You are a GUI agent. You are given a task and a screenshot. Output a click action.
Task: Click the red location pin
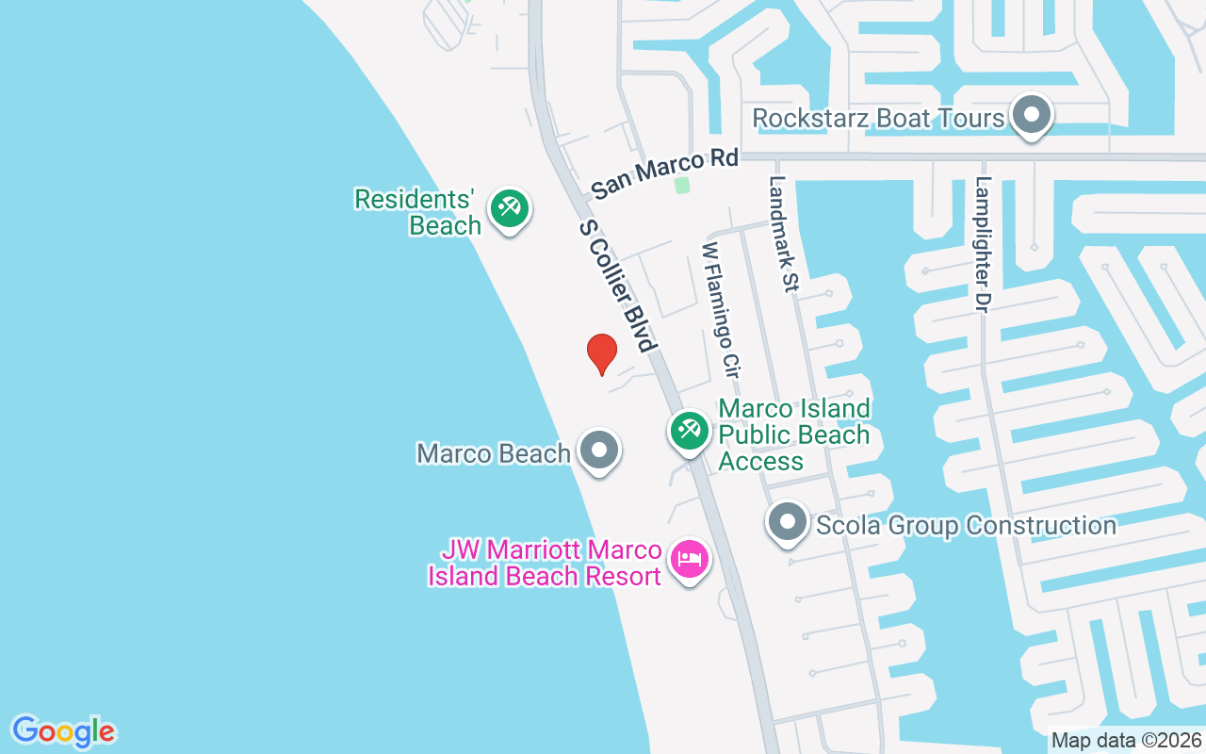pyautogui.click(x=601, y=353)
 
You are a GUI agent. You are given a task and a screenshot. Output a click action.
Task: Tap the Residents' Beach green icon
pyautogui.click(x=510, y=207)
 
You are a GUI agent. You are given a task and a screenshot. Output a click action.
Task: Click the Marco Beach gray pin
pyautogui.click(x=598, y=451)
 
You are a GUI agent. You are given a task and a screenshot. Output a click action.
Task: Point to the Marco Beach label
pyautogui.click(x=494, y=453)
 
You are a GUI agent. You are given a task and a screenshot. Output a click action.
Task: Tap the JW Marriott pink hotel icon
pyautogui.click(x=690, y=559)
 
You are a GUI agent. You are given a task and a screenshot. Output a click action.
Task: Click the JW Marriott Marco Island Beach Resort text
pyautogui.click(x=545, y=563)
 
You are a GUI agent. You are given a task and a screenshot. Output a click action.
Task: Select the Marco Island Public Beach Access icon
pyautogui.click(x=690, y=431)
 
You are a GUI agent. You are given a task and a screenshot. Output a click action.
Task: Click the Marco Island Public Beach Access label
pyautogui.click(x=794, y=434)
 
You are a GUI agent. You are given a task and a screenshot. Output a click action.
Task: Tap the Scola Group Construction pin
pyautogui.click(x=788, y=521)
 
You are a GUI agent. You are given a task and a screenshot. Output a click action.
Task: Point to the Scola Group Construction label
pyautogui.click(x=967, y=525)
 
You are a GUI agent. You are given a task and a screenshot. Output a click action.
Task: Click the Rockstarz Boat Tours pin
pyautogui.click(x=1031, y=115)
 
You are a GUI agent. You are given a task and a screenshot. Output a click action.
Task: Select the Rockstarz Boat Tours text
pyautogui.click(x=878, y=118)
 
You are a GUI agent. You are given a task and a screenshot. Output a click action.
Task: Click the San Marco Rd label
pyautogui.click(x=665, y=173)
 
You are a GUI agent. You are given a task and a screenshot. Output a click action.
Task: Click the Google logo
pyautogui.click(x=63, y=731)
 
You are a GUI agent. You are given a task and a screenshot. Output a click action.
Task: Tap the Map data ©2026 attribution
pyautogui.click(x=1126, y=740)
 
